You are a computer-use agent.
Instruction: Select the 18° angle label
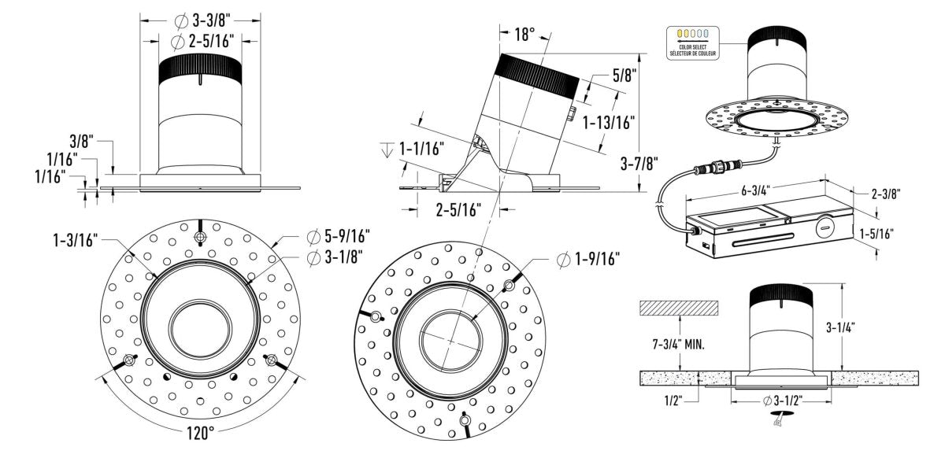524,34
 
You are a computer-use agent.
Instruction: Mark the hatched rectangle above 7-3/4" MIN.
679,308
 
